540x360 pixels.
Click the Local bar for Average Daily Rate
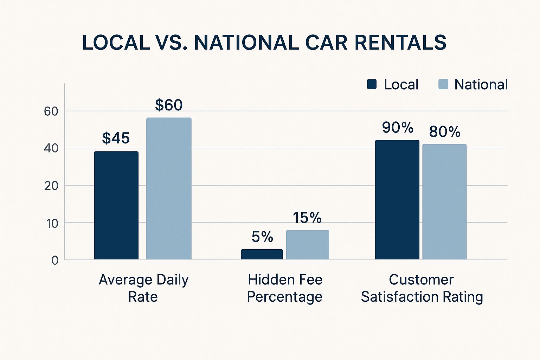[116, 206]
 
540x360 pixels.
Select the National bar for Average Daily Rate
[169, 189]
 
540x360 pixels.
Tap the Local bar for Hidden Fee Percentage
[262, 254]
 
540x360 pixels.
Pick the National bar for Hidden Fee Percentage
[308, 245]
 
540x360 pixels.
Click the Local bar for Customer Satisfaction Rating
[397, 200]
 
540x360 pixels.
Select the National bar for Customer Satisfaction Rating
[444, 202]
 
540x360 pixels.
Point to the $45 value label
[116, 138]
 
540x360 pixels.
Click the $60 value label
[169, 105]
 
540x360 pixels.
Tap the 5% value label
[262, 237]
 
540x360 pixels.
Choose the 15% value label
[307, 218]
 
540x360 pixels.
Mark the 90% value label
[398, 128]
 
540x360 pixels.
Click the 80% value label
[445, 132]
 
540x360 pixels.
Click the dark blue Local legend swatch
[372, 84]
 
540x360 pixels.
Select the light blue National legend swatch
[443, 84]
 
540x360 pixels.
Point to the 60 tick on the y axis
[51, 111]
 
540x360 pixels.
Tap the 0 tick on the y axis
[55, 260]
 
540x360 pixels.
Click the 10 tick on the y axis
[51, 223]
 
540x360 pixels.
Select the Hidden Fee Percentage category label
[285, 288]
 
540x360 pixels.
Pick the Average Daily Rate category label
[143, 288]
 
